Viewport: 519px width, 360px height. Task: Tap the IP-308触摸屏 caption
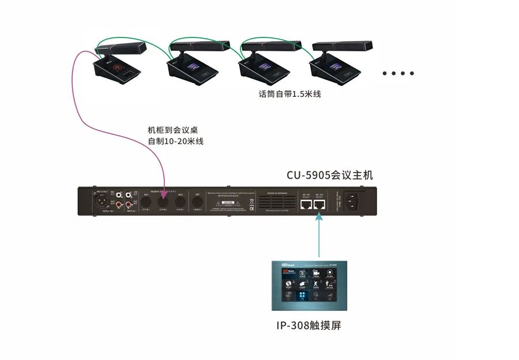coord(309,326)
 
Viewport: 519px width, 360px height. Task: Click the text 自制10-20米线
coord(176,141)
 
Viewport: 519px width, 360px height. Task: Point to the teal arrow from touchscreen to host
coord(319,234)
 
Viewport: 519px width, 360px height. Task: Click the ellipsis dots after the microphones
coord(398,73)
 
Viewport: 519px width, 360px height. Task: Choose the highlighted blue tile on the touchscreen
coord(301,295)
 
